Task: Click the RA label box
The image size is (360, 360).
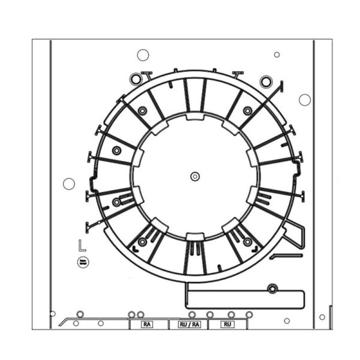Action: click(x=147, y=325)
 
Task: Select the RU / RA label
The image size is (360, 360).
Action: click(x=190, y=325)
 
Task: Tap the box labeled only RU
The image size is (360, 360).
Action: click(x=227, y=325)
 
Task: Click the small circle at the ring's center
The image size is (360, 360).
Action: click(x=195, y=176)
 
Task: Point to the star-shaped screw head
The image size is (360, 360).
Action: click(x=273, y=289)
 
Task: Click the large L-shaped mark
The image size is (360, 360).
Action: click(x=82, y=245)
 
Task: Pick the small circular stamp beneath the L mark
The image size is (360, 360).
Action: click(x=83, y=262)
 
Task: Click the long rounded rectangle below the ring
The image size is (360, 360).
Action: click(x=245, y=299)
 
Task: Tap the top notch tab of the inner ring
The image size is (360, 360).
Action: click(x=195, y=116)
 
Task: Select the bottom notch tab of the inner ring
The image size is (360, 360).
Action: click(x=195, y=237)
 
